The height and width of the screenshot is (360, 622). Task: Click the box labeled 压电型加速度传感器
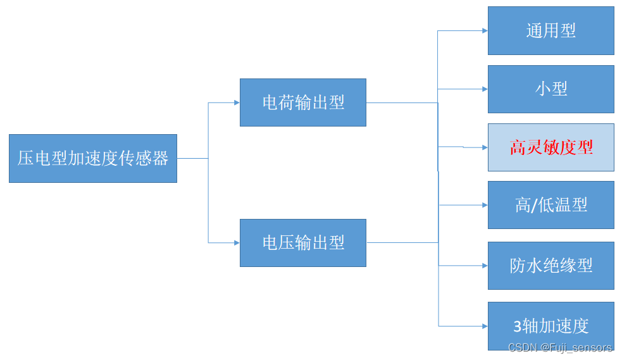(93, 158)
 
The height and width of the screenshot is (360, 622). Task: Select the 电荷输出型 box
(303, 102)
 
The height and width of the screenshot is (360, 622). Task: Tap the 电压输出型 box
(303, 242)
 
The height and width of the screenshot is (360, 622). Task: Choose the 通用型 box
(550, 30)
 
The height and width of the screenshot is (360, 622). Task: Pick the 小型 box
(550, 89)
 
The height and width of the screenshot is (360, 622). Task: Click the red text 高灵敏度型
(551, 147)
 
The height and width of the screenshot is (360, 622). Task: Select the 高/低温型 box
(550, 205)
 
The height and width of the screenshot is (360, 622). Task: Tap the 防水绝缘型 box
(550, 266)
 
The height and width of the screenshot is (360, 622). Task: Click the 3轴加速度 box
(550, 326)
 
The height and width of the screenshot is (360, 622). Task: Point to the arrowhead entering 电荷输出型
(236, 102)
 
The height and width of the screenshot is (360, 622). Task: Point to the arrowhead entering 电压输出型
(236, 242)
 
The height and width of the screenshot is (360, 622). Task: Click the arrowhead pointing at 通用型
(484, 30)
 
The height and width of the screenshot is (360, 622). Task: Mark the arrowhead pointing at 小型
(484, 89)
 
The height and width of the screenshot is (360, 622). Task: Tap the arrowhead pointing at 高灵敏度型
(484, 147)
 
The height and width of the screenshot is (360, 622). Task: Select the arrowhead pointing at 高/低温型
(484, 205)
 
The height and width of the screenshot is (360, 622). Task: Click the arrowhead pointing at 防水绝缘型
(484, 266)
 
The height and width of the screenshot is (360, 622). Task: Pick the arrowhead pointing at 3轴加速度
(484, 326)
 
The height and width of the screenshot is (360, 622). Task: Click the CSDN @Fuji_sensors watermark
(561, 347)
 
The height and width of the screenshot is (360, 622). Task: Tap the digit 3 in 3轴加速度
(517, 326)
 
